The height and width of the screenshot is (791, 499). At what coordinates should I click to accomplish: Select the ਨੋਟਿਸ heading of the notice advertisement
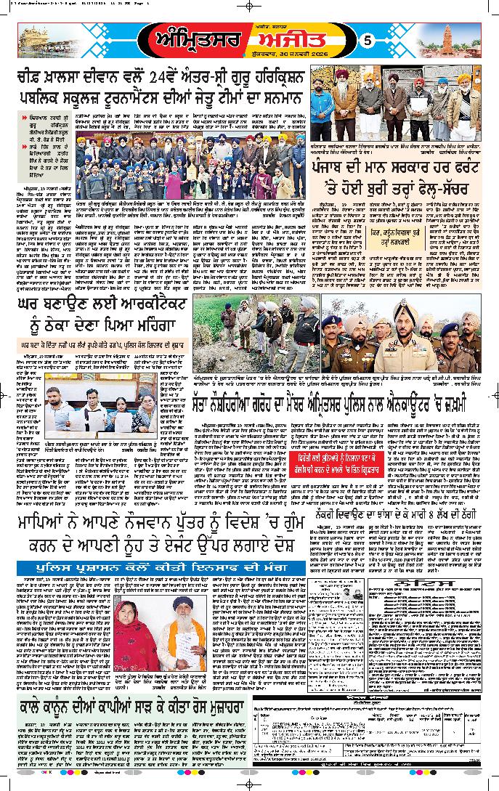tap(425, 584)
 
